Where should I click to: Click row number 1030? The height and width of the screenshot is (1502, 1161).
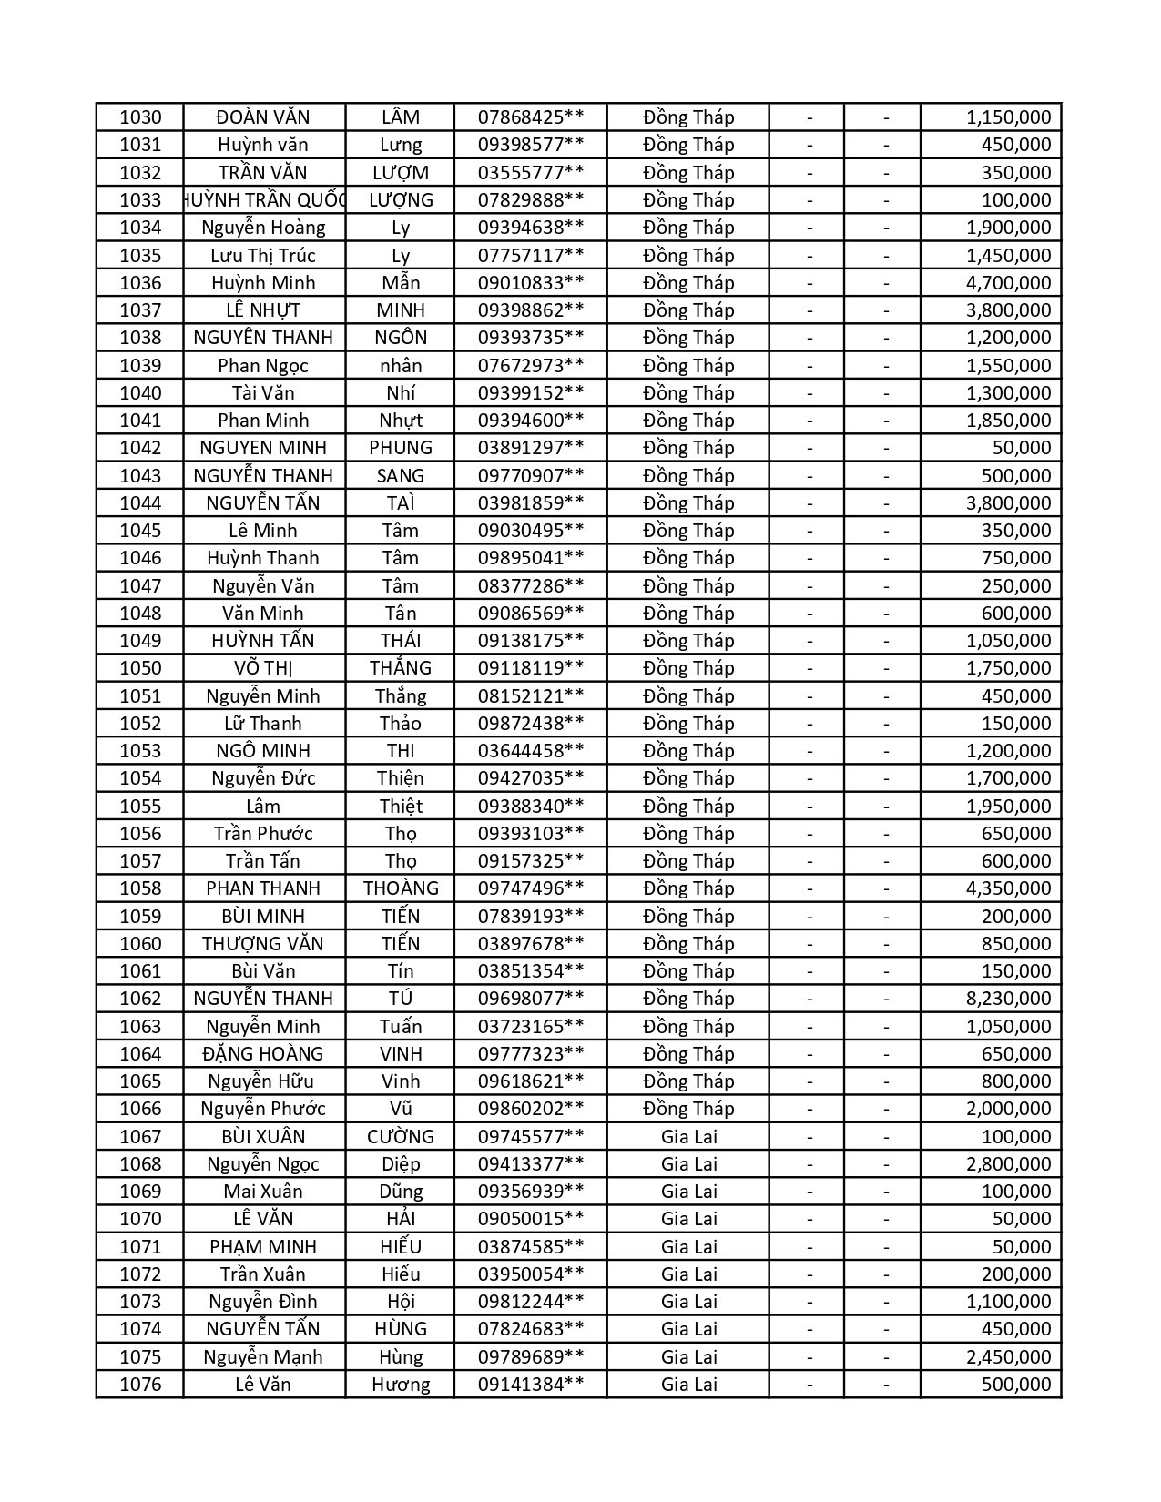coord(140,117)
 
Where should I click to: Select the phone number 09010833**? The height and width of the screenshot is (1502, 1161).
coord(531,283)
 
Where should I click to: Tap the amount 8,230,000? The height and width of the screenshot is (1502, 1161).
coord(1008,999)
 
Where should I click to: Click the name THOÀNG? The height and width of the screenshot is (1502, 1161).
coord(401,888)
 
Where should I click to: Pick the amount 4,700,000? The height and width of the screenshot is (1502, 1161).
coord(1008,283)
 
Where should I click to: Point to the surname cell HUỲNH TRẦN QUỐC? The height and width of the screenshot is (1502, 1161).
coord(265,200)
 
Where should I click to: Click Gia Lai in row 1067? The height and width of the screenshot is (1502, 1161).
coord(688,1137)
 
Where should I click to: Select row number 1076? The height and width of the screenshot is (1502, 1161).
coord(140,1385)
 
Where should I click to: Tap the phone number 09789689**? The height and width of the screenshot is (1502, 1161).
coord(531,1357)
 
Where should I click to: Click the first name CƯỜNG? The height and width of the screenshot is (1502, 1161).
coord(401,1137)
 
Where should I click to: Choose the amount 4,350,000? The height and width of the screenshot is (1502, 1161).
coord(1008,888)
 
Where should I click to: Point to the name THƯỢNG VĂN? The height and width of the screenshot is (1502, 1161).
coord(263,944)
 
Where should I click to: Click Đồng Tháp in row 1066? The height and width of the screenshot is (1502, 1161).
coord(688,1109)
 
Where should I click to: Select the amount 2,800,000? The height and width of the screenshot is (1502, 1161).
coord(1008,1164)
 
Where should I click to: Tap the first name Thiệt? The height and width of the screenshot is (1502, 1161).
coord(401,807)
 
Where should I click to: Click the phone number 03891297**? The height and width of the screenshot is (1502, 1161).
coord(531,448)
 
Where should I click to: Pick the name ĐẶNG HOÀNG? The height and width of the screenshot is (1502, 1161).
coord(263,1054)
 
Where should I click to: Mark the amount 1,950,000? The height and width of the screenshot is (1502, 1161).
coord(1008,807)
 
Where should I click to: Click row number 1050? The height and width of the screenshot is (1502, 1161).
coord(140,668)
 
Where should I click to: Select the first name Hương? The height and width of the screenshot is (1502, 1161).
coord(401,1385)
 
